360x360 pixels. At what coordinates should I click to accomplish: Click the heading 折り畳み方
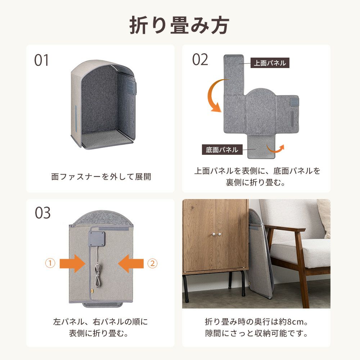[179, 25]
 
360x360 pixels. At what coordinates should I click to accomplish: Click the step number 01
[41, 60]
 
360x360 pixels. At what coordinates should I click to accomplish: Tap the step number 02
[200, 59]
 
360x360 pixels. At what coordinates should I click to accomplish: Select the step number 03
[43, 213]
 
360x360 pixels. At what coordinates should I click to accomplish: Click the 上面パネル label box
[270, 63]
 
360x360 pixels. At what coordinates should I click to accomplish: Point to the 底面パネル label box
[222, 150]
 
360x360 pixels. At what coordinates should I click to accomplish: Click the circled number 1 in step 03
[50, 263]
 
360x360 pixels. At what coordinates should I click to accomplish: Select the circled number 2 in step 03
[152, 263]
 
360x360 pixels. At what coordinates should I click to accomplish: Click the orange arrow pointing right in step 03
[72, 264]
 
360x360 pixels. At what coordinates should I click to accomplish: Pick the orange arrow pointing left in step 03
[131, 264]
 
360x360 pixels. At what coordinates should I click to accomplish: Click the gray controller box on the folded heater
[97, 239]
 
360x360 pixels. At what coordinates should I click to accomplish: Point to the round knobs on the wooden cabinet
[216, 234]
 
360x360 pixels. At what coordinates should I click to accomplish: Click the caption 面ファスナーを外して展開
[101, 177]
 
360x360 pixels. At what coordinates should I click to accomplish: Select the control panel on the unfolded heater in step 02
[294, 102]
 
